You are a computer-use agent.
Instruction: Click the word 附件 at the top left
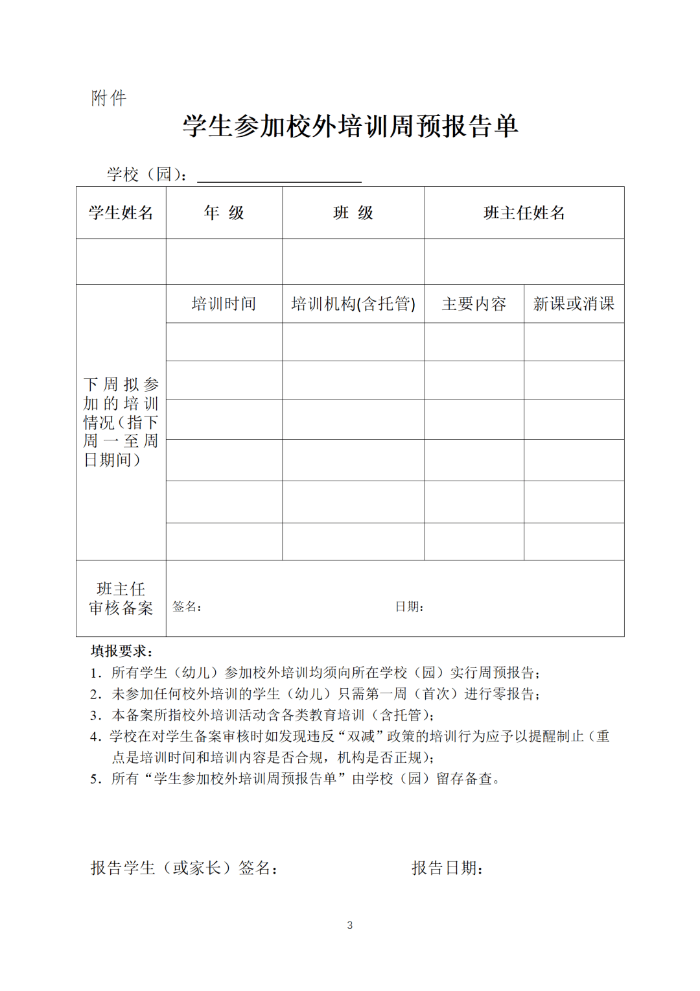109,98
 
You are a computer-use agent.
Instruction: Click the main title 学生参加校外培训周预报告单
350,126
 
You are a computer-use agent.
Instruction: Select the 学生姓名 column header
121,213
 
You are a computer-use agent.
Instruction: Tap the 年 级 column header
224,213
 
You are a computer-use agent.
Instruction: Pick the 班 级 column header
353,213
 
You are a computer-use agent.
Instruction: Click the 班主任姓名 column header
524,213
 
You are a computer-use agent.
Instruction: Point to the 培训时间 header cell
224,304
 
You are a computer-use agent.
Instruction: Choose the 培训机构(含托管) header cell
353,304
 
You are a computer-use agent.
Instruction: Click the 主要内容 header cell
474,304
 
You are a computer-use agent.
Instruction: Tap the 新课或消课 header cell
574,304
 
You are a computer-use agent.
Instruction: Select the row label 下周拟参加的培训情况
121,422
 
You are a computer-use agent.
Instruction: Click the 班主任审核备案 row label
121,598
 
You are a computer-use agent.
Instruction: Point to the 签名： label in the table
187,606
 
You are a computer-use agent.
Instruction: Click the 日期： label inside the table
409,606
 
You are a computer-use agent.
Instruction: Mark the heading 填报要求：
122,651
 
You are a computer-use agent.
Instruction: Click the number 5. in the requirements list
96,779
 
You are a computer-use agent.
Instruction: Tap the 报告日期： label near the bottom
447,868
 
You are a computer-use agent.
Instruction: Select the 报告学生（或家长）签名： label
184,868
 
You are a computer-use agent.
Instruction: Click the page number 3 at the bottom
350,925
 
